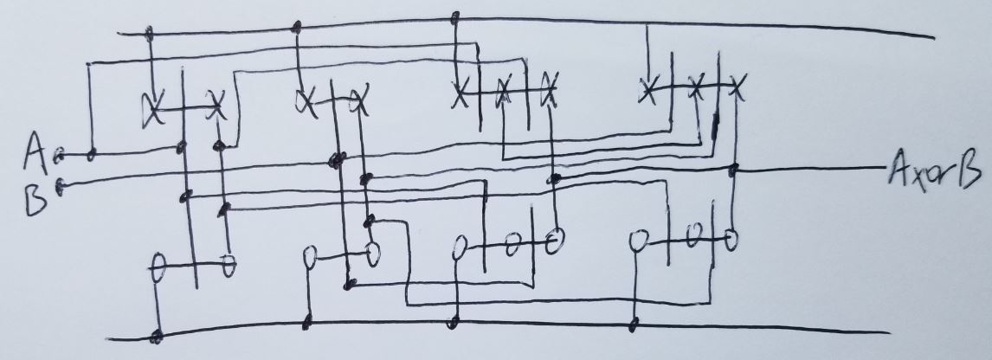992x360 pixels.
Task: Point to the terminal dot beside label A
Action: coord(59,157)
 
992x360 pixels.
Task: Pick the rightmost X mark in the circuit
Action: coord(737,87)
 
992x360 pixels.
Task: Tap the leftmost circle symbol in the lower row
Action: coord(158,262)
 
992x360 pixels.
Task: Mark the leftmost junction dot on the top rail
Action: coord(149,34)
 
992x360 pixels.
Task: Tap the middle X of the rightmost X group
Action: coord(694,86)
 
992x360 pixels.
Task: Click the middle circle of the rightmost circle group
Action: coord(692,235)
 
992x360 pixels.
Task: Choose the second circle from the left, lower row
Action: coord(228,262)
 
